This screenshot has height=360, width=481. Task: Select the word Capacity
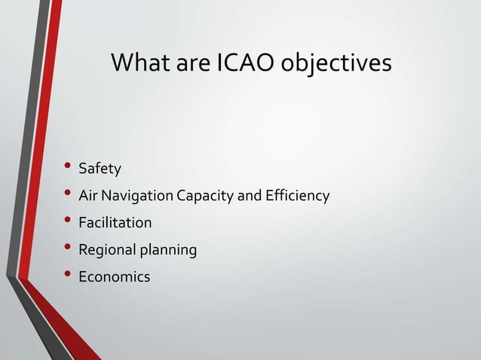click(x=206, y=197)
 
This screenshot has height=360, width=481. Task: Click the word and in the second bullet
click(x=250, y=196)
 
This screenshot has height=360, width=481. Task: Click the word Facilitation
click(x=120, y=223)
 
